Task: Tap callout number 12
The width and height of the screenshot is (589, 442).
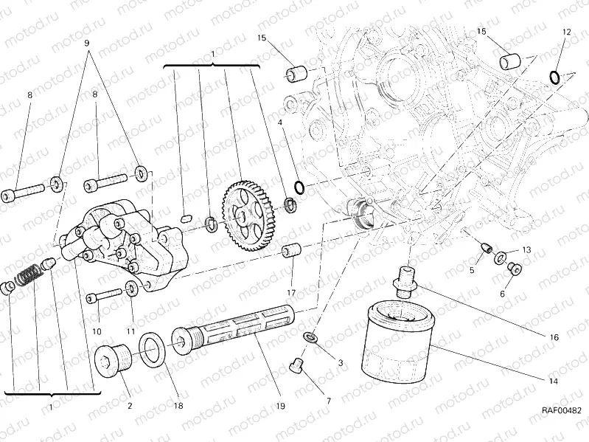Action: (x=566, y=32)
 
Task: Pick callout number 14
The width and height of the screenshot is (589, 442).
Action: (x=553, y=381)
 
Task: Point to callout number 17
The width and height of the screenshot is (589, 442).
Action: (x=291, y=280)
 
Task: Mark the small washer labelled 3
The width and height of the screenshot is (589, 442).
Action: (x=313, y=337)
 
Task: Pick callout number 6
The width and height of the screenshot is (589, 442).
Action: (x=503, y=293)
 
